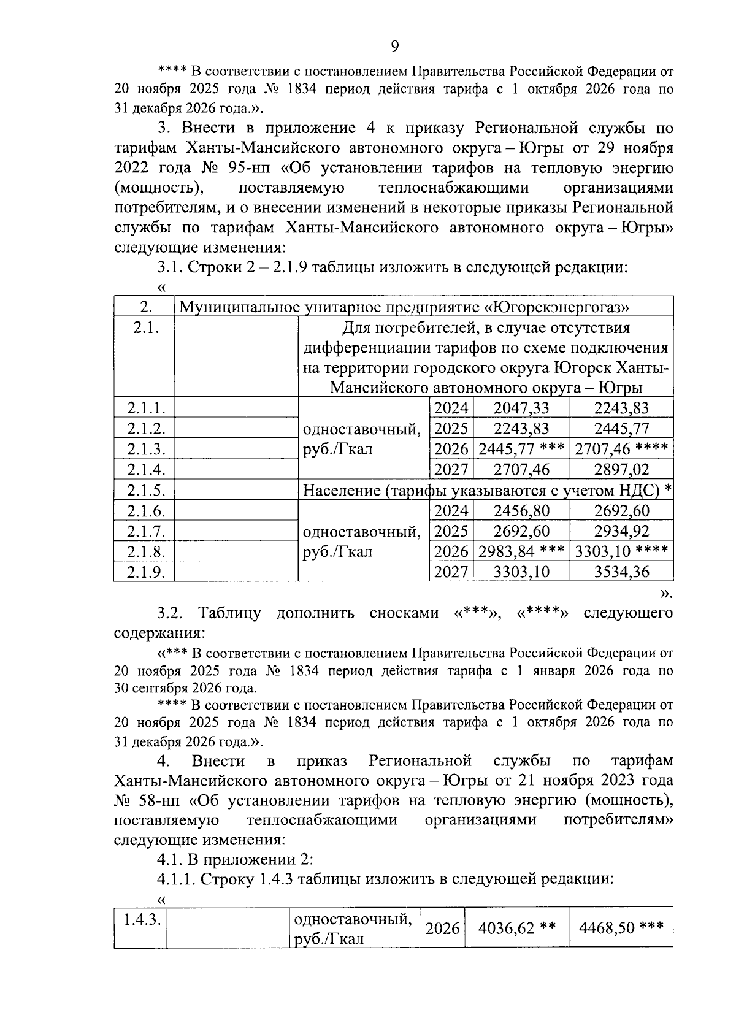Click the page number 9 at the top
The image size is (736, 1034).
[x=394, y=47]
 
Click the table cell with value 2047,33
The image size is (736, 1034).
[x=521, y=408]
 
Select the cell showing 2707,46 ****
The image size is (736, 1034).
[x=621, y=450]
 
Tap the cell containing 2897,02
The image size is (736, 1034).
[x=621, y=470]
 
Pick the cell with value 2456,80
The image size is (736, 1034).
[x=521, y=511]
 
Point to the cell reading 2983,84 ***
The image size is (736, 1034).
[x=521, y=552]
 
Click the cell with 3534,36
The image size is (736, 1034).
[x=621, y=573]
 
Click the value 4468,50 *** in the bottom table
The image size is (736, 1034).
[x=621, y=927]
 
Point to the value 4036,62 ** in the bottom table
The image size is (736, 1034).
[x=516, y=927]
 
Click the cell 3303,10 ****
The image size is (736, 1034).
[x=621, y=552]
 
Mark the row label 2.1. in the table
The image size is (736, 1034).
[x=146, y=329]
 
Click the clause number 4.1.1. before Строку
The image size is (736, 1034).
[x=175, y=879]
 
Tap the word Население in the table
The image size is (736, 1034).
[x=341, y=491]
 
